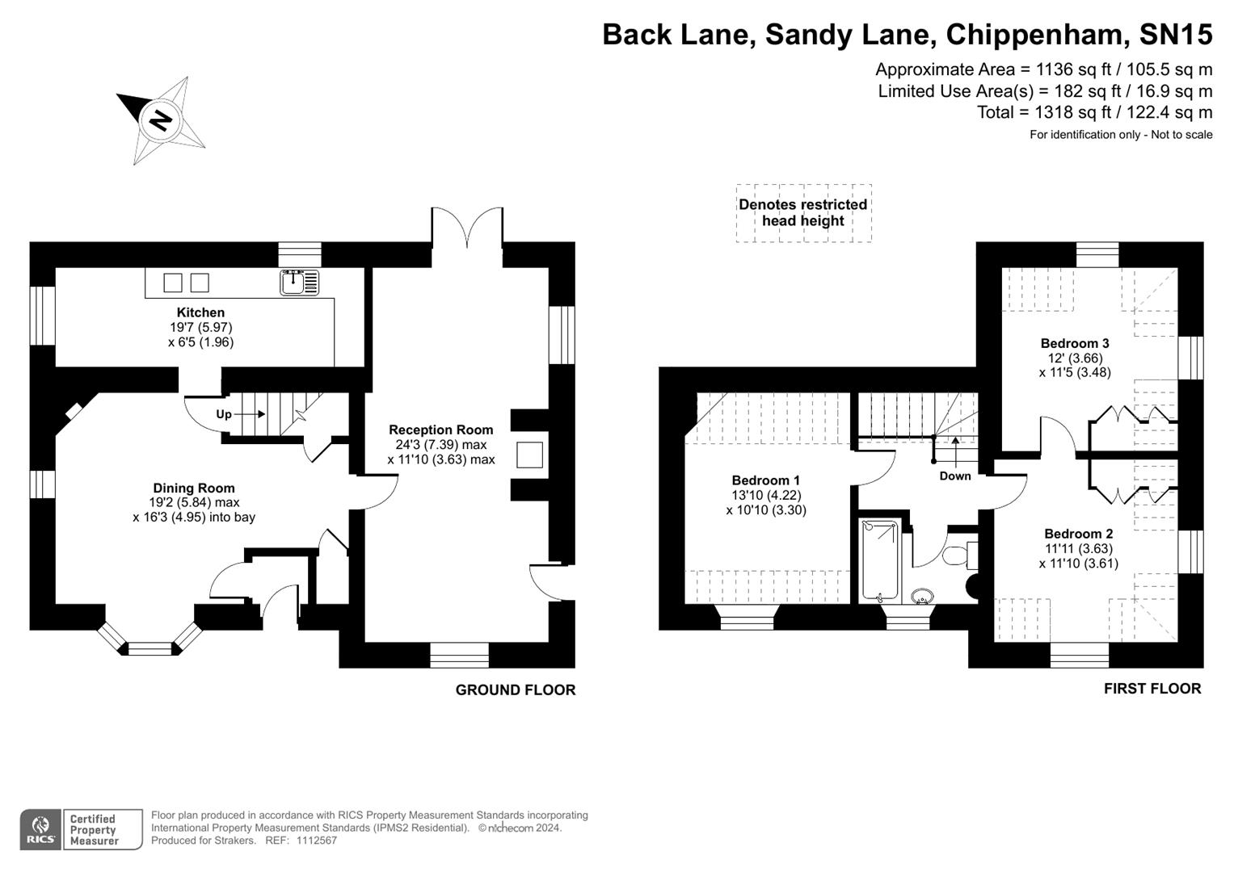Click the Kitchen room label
point(200,312)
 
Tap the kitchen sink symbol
point(299,282)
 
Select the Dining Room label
point(194,488)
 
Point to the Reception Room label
point(440,430)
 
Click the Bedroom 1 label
point(765,480)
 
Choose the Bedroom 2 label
point(1078,534)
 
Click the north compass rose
point(161,120)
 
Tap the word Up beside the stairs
point(224,414)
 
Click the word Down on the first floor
point(954,476)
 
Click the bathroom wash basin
point(921,597)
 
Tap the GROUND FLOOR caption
point(516,690)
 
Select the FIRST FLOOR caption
point(1152,689)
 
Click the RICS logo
point(40,829)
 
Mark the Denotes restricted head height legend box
point(803,212)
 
